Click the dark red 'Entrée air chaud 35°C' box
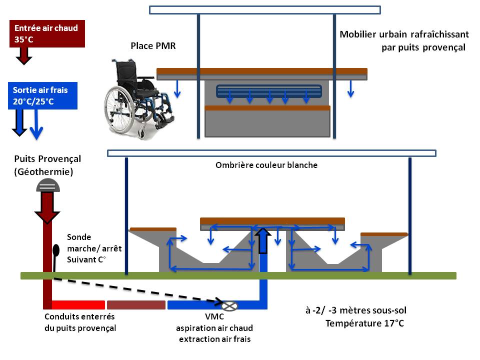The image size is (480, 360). pos(46,33)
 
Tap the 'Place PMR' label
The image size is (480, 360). pos(153,46)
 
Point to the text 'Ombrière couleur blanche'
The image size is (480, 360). pos(266,165)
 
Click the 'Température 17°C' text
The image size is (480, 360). pos(364,323)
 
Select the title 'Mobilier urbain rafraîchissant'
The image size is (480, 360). pos(404,34)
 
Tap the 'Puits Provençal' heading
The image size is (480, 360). pos(47,159)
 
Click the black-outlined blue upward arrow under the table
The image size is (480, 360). pos(263,239)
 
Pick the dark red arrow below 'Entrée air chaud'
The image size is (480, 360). pos(23,56)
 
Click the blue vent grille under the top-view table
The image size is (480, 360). pos(269,91)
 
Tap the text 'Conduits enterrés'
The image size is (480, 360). pos(79,317)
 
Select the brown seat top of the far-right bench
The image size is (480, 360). pos(383,234)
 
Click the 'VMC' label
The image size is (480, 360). pos(214,317)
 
